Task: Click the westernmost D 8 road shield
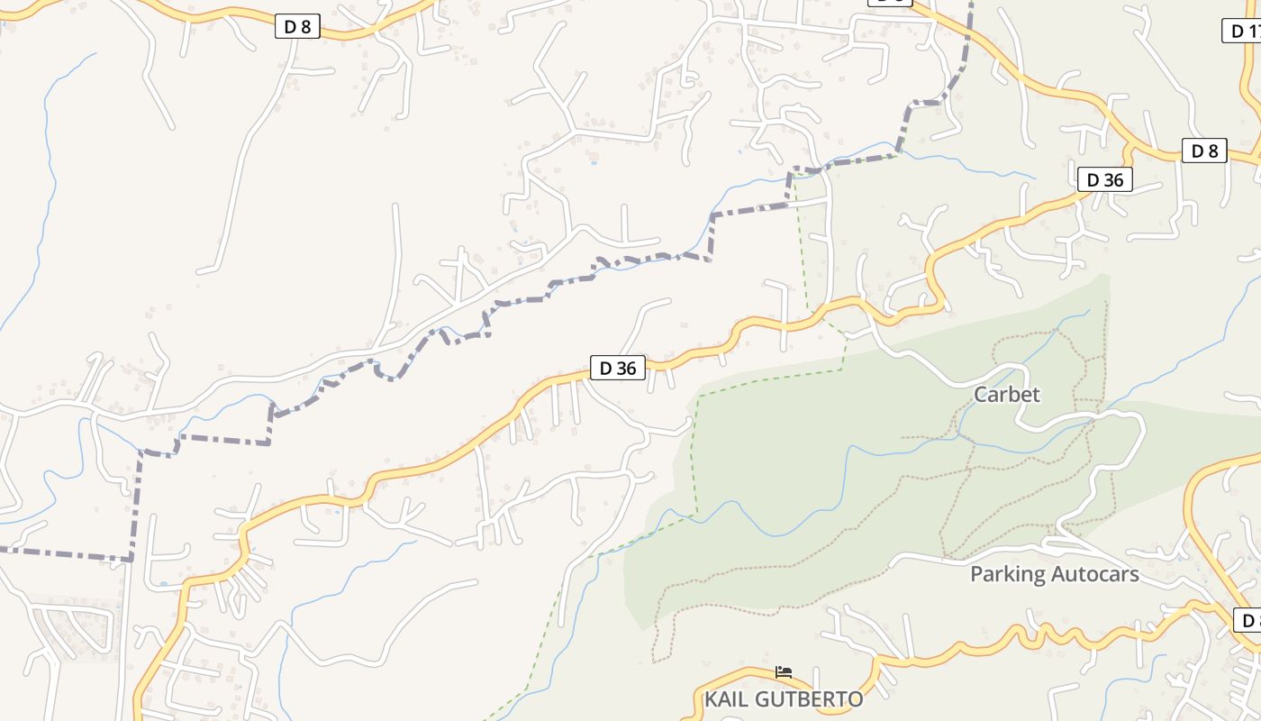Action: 297,27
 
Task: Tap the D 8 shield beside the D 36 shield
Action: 1204,151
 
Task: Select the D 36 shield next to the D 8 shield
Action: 1104,179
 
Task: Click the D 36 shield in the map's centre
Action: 618,368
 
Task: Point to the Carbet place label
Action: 1006,394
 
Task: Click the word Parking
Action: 1007,574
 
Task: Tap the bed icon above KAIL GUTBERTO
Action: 784,672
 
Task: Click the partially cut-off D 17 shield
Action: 1243,31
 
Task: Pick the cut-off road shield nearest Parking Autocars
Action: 1248,620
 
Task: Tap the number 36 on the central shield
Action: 628,368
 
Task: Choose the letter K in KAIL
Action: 711,699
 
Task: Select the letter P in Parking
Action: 976,574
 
